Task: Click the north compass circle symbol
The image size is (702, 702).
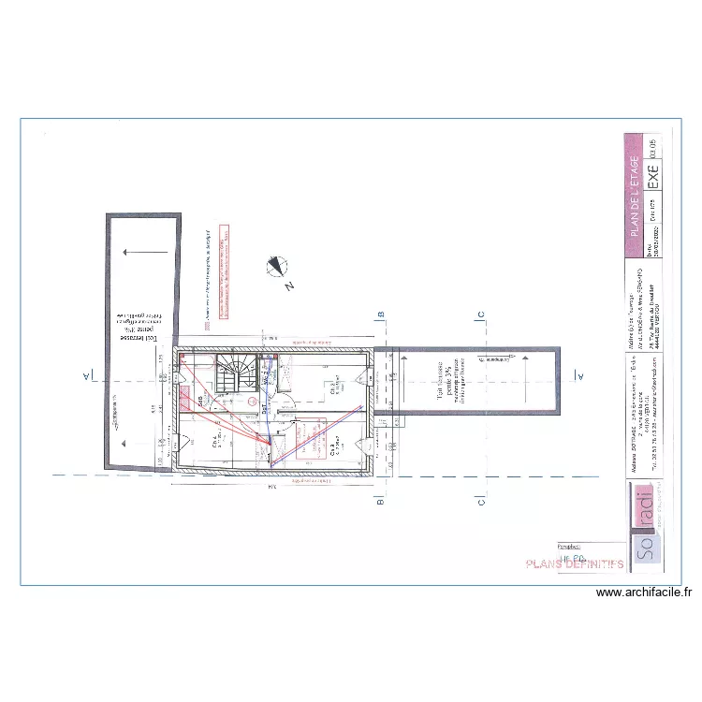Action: tap(277, 267)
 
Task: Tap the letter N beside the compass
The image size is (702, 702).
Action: tap(291, 284)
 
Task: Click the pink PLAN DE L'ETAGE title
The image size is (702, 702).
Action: tap(636, 196)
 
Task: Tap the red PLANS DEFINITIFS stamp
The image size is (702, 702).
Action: tap(575, 564)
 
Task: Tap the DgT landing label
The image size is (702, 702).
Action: tap(265, 407)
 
